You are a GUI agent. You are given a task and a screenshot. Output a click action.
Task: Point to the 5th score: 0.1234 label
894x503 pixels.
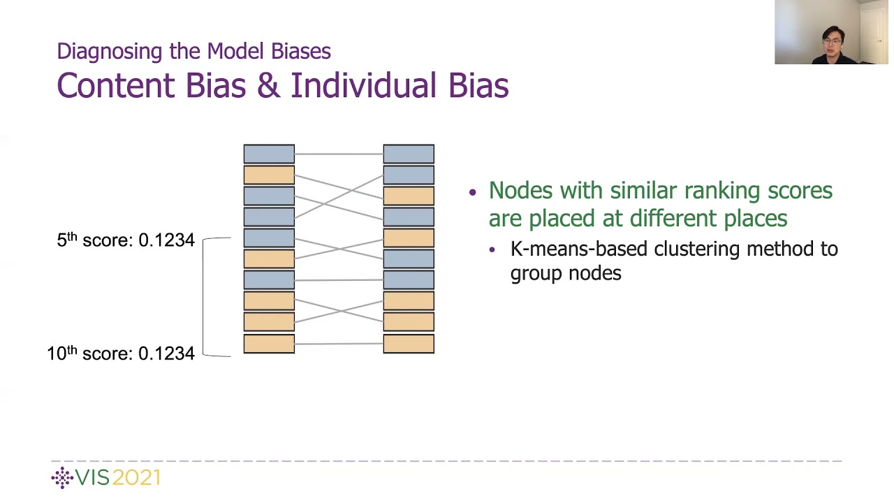126,240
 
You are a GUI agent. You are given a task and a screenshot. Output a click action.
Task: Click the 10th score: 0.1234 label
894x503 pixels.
121,353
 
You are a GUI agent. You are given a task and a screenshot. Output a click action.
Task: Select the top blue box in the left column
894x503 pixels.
269,154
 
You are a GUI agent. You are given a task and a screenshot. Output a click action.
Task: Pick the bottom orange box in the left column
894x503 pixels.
269,344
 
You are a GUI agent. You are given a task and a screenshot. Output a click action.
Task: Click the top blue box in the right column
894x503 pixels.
409,154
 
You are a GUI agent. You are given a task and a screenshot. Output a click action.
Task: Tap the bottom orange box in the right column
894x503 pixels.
409,344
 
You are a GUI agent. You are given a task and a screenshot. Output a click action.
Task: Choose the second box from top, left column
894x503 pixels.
269,175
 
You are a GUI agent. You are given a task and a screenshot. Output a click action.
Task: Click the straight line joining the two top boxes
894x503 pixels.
339,154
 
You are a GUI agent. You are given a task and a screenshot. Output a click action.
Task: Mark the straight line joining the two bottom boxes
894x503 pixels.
339,344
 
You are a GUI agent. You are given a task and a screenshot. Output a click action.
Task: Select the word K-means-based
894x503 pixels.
580,249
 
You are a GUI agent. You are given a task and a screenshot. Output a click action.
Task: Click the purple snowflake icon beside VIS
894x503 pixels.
62,478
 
